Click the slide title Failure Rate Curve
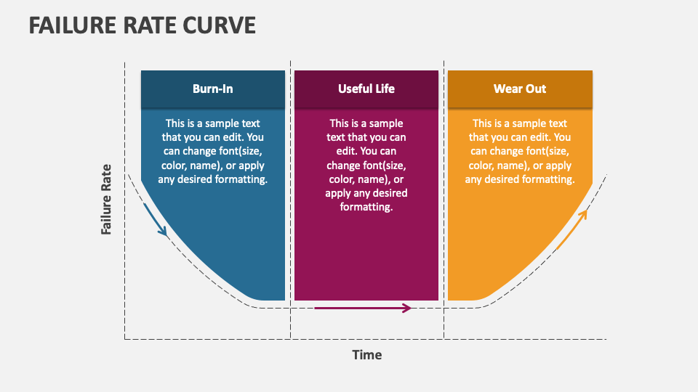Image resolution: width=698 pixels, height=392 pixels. (143, 25)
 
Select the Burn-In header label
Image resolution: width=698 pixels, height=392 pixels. (213, 89)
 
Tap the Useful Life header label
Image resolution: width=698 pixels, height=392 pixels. (366, 89)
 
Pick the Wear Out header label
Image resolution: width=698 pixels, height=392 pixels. (520, 89)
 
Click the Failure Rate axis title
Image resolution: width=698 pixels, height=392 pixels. (106, 199)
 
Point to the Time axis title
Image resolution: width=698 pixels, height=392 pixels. (367, 355)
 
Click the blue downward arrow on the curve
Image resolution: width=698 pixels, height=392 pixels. (156, 220)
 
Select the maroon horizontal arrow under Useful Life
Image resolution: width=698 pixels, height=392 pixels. (363, 308)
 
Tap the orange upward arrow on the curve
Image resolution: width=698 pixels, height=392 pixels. (572, 229)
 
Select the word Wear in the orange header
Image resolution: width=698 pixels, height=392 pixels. (508, 89)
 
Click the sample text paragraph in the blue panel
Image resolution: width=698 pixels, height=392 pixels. (213, 151)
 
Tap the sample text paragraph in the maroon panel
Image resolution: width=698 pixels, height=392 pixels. (366, 165)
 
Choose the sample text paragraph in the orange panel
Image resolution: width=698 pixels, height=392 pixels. (520, 151)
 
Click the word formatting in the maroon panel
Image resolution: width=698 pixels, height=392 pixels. (366, 207)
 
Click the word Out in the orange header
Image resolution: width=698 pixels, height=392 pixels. (536, 89)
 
